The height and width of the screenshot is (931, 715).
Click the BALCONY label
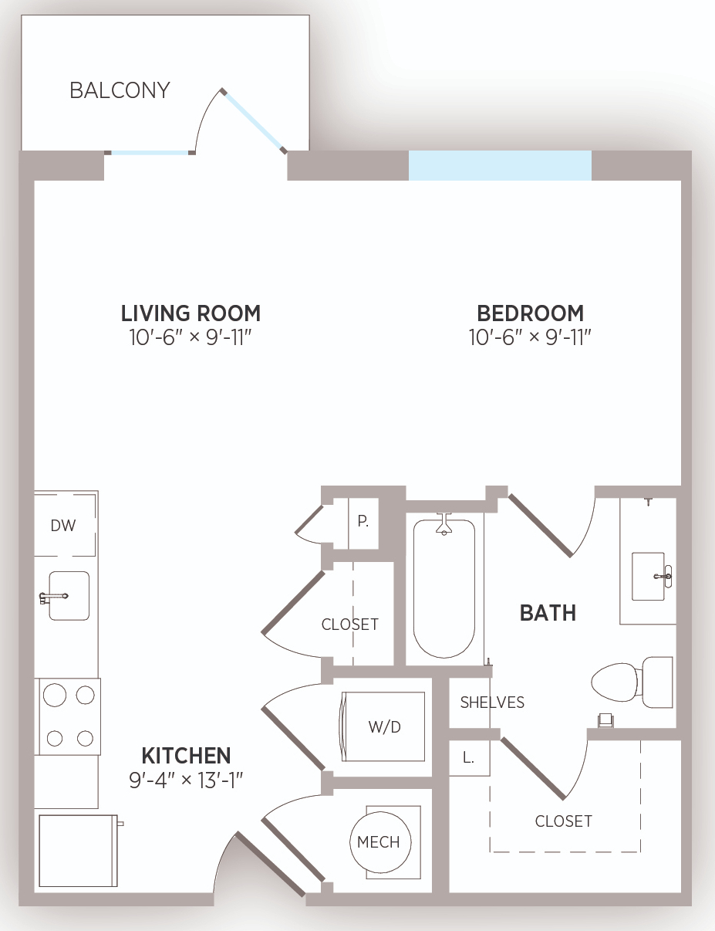pyautogui.click(x=120, y=90)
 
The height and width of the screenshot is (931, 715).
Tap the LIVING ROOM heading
pyautogui.click(x=191, y=313)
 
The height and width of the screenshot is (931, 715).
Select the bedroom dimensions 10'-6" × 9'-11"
pyautogui.click(x=530, y=337)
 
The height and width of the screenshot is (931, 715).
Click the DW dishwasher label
pyautogui.click(x=63, y=526)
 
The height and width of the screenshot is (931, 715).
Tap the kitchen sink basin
pyautogui.click(x=69, y=595)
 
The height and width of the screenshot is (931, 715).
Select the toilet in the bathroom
pyautogui.click(x=632, y=682)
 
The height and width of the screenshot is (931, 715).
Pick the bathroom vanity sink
pyautogui.click(x=648, y=577)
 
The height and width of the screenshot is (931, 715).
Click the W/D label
pyautogui.click(x=385, y=726)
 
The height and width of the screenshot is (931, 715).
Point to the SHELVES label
pyautogui.click(x=492, y=702)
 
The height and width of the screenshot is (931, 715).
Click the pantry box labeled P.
pyautogui.click(x=363, y=523)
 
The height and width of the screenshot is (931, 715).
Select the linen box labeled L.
pyautogui.click(x=469, y=758)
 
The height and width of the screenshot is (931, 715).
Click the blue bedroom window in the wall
pyautogui.click(x=501, y=165)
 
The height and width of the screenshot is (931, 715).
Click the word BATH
pyautogui.click(x=548, y=613)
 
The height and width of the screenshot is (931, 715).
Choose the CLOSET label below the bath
pyautogui.click(x=564, y=821)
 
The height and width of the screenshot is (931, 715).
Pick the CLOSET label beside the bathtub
pyautogui.click(x=350, y=625)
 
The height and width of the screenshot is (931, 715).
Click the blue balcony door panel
pyautogui.click(x=253, y=121)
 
